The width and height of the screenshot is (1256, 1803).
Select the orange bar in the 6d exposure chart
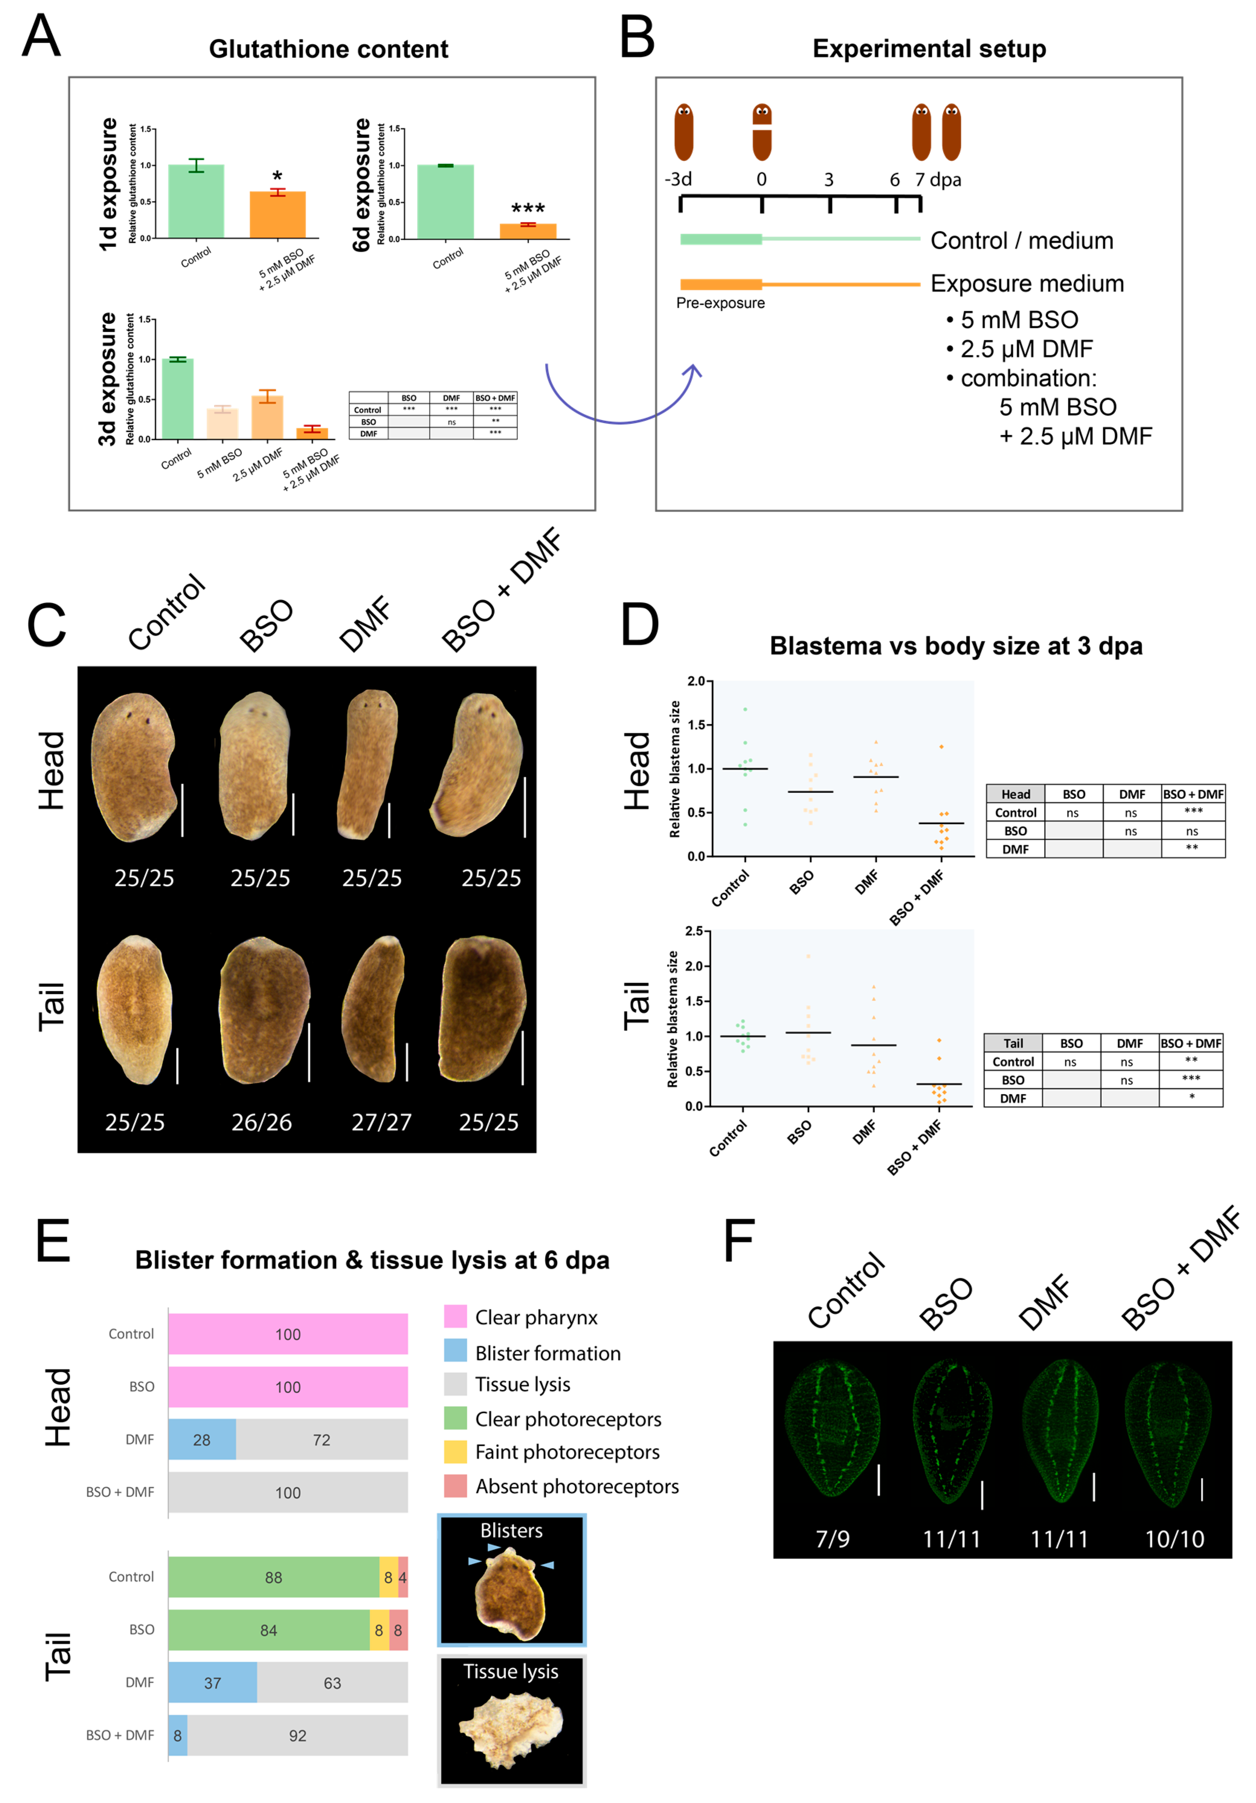pyautogui.click(x=528, y=231)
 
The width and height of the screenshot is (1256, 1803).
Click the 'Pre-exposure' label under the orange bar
pyautogui.click(x=720, y=303)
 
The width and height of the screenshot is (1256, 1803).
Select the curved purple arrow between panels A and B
pyautogui.click(x=620, y=409)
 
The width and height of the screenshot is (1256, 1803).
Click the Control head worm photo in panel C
pyautogui.click(x=133, y=766)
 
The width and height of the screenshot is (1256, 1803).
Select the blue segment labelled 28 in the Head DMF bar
pyautogui.click(x=202, y=1439)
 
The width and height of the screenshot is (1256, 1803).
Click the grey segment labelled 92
pyautogui.click(x=297, y=1735)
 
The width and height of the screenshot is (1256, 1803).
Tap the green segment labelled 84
pyautogui.click(x=268, y=1630)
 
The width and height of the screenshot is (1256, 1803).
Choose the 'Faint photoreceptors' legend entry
pyautogui.click(x=567, y=1452)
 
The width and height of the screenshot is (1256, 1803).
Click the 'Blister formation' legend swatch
pyautogui.click(x=455, y=1350)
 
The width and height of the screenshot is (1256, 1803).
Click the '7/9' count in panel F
pyautogui.click(x=832, y=1538)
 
